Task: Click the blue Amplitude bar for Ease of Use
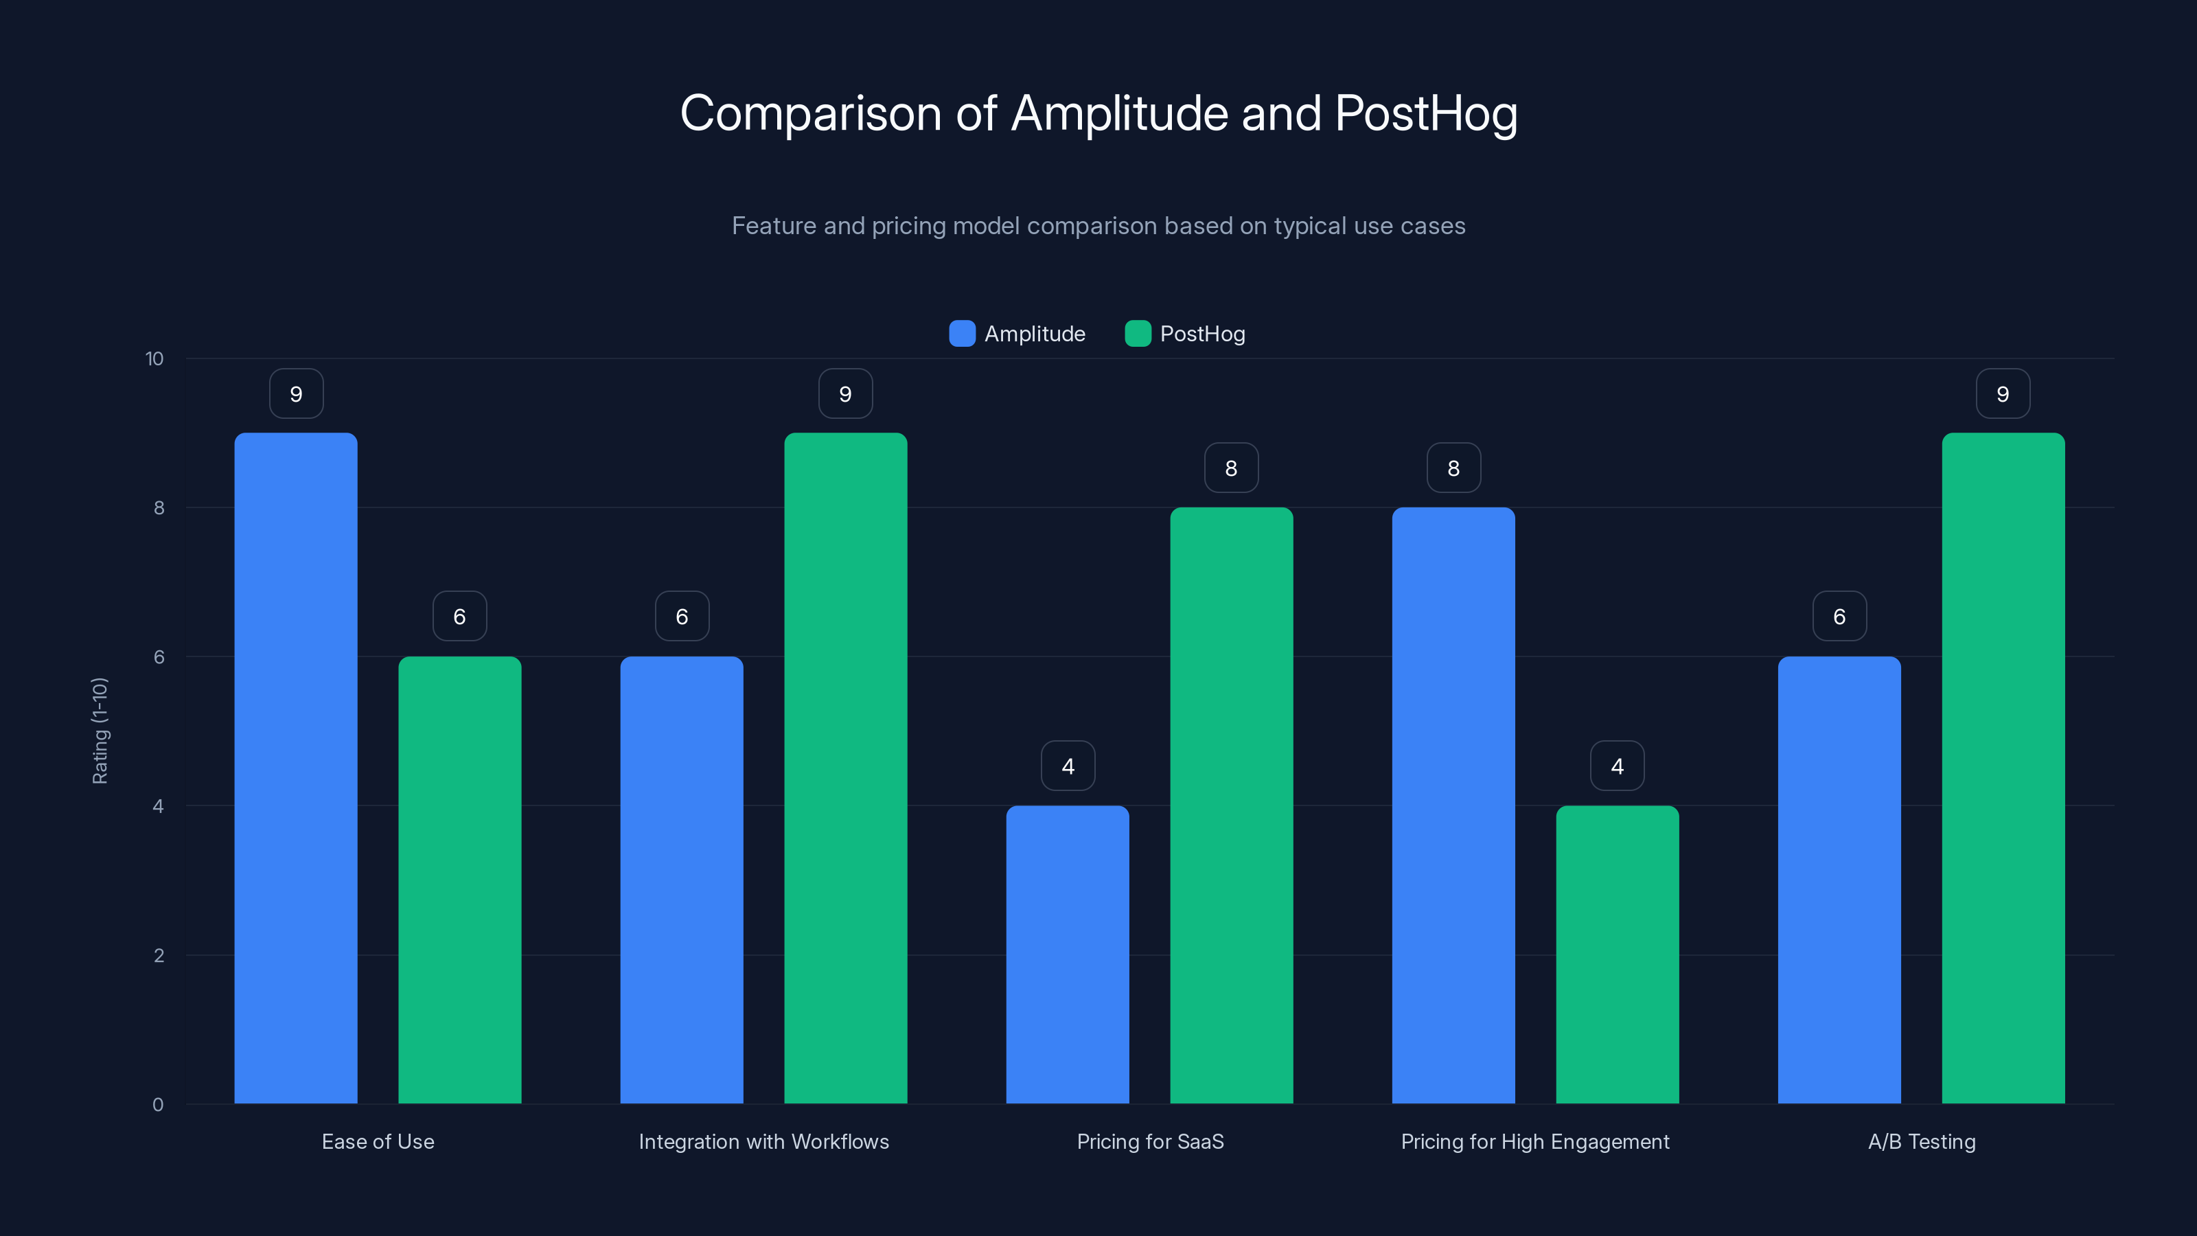pos(296,768)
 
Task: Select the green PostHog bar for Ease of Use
pos(460,879)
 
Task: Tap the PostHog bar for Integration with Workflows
pos(845,768)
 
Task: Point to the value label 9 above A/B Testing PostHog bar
pos(2003,394)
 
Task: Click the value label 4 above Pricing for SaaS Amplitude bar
pos(1067,766)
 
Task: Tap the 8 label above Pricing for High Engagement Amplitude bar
pos(1453,468)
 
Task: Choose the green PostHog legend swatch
pos(1138,334)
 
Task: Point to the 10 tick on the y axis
pos(154,358)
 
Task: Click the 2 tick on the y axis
pos(159,955)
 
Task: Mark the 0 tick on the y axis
pos(158,1105)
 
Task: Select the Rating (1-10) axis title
pos(100,731)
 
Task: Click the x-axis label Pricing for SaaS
pos(1150,1141)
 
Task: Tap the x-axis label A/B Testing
pos(1921,1141)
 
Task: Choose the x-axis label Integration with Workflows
pos(763,1141)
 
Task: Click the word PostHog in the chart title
pos(1425,113)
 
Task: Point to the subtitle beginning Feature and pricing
pos(1098,226)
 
